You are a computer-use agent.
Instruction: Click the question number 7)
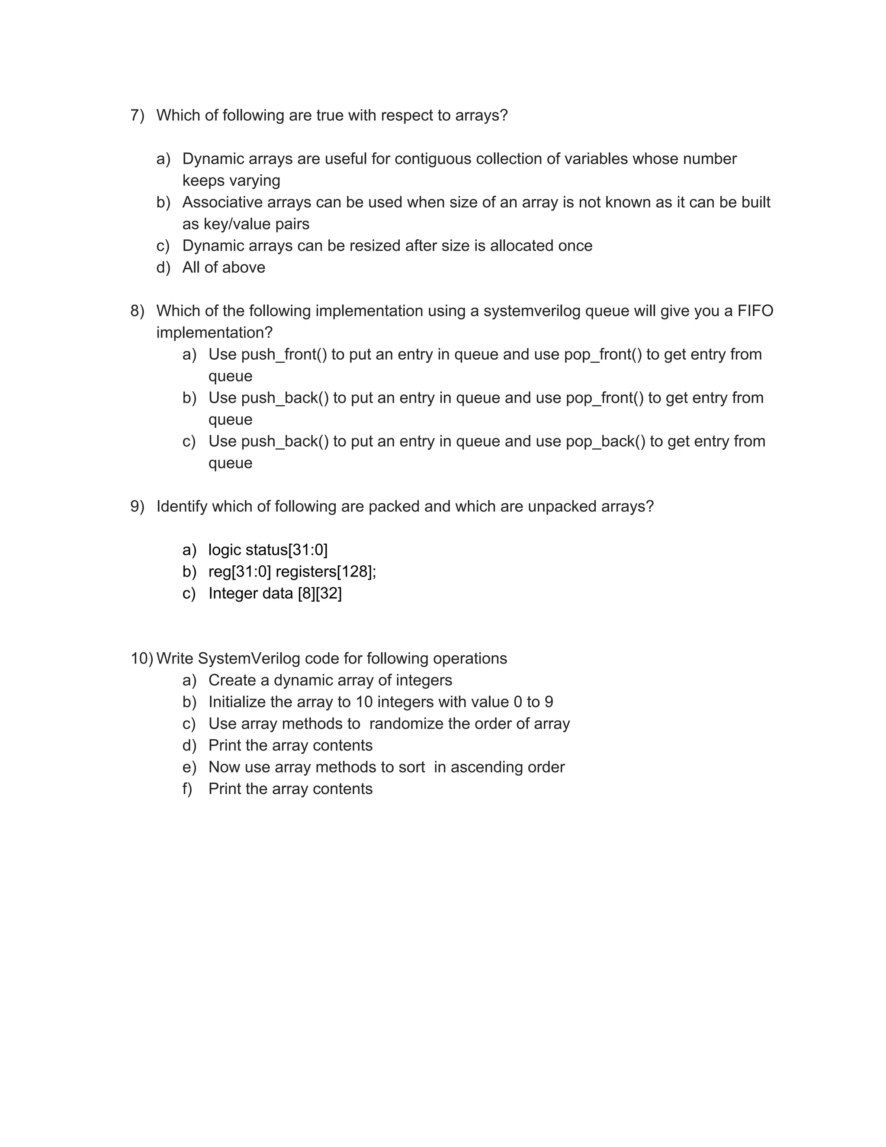coord(137,116)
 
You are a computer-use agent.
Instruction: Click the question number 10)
coord(141,659)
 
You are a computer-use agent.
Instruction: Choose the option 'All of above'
coord(224,268)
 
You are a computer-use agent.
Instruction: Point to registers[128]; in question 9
coord(326,571)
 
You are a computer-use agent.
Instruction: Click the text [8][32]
coord(320,593)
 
